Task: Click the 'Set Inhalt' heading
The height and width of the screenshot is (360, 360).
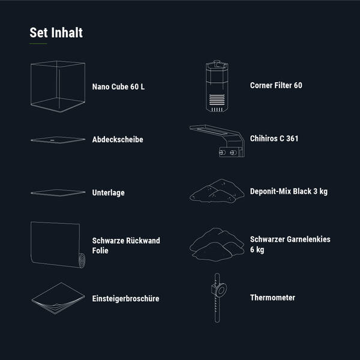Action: [56, 32]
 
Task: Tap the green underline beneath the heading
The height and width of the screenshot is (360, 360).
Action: [38, 43]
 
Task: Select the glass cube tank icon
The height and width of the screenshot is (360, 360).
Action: [58, 86]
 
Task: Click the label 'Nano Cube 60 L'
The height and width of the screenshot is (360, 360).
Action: [118, 87]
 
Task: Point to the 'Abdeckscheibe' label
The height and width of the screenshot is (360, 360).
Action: [118, 139]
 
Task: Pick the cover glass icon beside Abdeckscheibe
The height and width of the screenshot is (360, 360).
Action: [58, 140]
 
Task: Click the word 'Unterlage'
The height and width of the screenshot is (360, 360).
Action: [109, 193]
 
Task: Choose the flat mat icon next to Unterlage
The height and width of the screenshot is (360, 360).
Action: [58, 193]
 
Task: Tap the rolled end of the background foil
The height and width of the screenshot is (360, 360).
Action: [82, 260]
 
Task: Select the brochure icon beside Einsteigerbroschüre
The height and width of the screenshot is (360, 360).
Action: [58, 298]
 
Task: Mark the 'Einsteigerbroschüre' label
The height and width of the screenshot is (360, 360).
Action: [125, 298]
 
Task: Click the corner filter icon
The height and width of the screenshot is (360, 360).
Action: [217, 86]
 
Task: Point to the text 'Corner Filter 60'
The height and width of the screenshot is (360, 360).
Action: [276, 85]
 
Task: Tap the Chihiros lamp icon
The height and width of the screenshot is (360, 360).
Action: [217, 141]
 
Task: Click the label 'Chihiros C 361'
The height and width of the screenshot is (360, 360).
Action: [274, 139]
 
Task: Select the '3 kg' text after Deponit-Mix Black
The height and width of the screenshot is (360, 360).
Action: [320, 191]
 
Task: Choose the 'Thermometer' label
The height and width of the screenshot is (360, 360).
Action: [272, 298]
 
